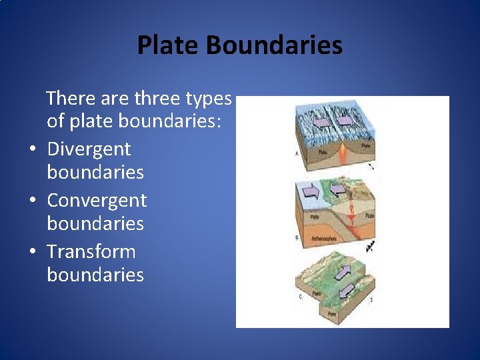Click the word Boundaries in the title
274,45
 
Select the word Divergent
89,149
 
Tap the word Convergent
97,200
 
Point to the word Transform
91,251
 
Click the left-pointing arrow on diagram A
321,122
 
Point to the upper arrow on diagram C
343,272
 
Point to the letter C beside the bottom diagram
300,297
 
